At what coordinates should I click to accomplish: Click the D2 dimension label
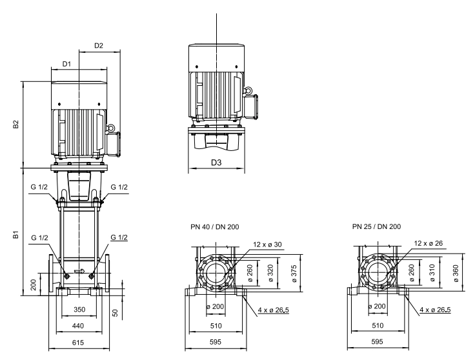click(99, 45)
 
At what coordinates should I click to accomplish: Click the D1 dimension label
click(66, 64)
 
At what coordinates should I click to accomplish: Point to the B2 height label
click(15, 125)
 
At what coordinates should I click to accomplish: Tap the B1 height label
click(15, 234)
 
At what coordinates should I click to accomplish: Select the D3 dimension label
click(216, 163)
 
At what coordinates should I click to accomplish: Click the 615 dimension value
click(78, 343)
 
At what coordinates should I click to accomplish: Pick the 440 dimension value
click(78, 326)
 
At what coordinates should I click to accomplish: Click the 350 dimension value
click(79, 310)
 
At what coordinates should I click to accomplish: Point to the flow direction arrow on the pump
click(79, 271)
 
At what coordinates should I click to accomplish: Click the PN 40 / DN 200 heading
click(215, 227)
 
